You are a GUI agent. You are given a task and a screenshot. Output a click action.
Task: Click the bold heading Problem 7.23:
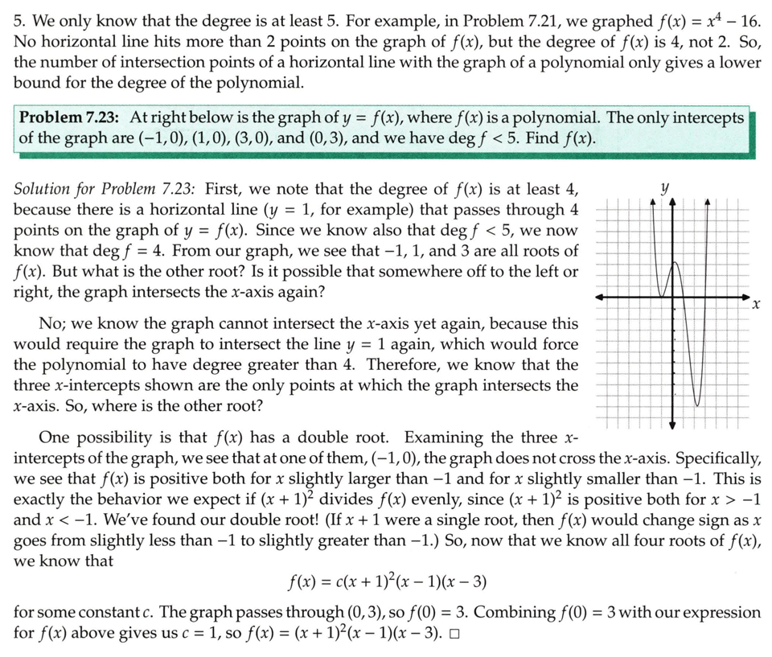70,118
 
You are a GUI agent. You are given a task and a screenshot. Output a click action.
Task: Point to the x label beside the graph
755,306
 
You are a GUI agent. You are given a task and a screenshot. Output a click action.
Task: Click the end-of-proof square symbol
455,633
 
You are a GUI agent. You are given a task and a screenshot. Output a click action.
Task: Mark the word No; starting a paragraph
52,324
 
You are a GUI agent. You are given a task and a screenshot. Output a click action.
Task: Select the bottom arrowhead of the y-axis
673,425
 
